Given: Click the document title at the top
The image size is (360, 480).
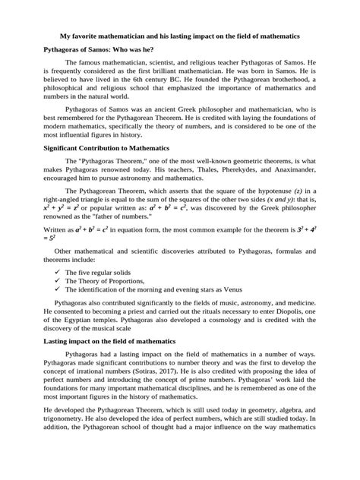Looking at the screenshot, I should pyautogui.click(x=180, y=35).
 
